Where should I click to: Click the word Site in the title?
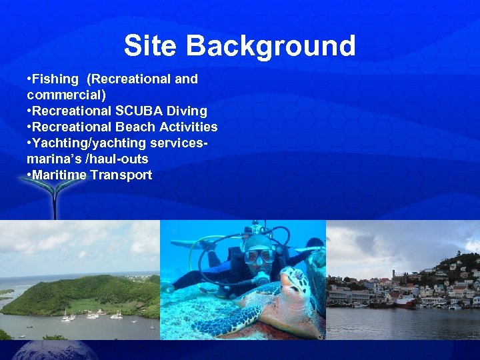[x=151, y=46]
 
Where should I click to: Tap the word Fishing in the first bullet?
[x=55, y=79]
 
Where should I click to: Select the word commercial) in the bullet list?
[x=66, y=95]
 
